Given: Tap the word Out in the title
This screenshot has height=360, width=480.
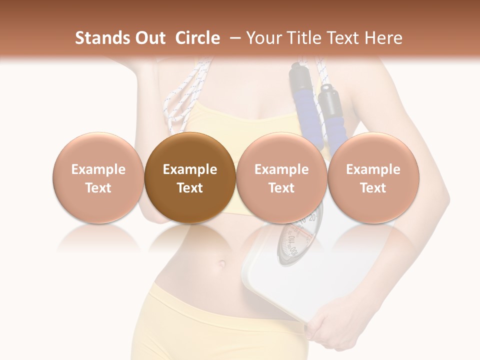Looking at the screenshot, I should (149, 38).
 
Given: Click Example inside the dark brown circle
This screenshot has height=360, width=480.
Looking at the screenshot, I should (190, 169).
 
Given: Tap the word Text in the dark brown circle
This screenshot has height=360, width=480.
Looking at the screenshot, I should (190, 188).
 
